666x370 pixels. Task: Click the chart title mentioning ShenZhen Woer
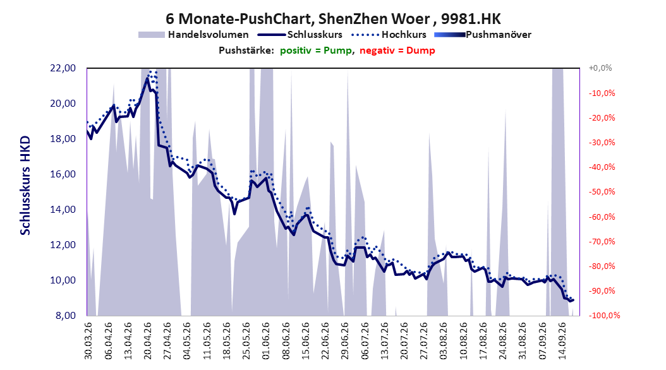333,19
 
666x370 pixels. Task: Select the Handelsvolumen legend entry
193,35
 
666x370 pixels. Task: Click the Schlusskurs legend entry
300,35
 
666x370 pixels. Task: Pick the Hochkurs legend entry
389,35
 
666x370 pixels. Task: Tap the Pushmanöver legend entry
483,35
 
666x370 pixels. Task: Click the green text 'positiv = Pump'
316,51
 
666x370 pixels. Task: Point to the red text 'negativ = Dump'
397,51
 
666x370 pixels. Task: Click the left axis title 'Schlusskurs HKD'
25,186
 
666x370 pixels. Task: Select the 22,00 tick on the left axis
63,68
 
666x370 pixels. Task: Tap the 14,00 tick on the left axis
63,209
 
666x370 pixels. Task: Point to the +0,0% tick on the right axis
600,68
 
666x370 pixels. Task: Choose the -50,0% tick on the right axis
602,191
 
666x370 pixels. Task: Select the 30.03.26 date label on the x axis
88,341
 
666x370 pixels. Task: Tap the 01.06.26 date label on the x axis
266,341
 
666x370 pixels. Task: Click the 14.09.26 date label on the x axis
562,341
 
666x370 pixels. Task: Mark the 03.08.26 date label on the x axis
444,341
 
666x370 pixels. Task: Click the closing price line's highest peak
147,78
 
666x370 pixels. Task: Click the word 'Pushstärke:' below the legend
246,51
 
